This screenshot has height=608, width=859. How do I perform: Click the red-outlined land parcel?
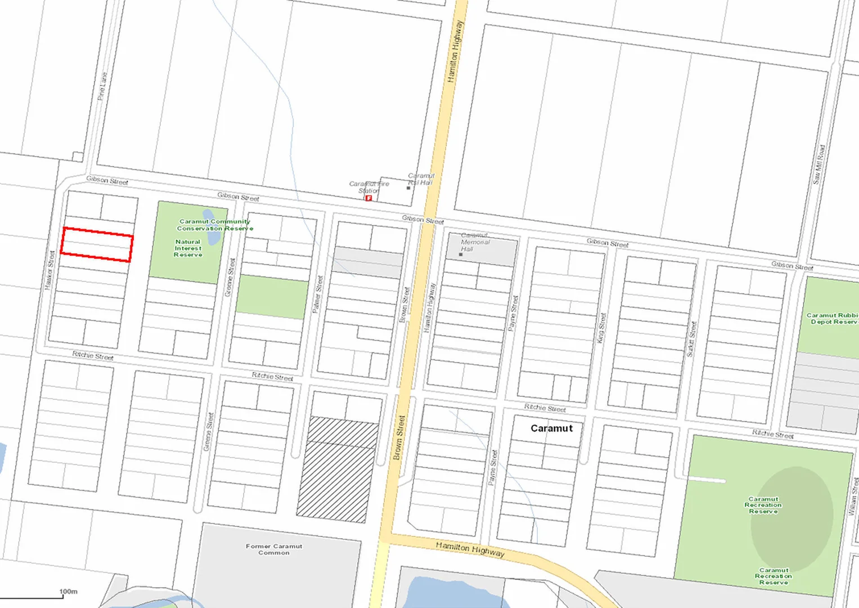(x=97, y=245)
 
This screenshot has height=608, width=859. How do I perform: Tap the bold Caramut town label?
(x=551, y=428)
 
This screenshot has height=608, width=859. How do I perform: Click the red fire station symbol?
(x=368, y=198)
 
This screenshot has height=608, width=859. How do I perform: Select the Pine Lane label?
(x=102, y=86)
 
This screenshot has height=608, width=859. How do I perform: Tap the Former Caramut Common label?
(x=274, y=549)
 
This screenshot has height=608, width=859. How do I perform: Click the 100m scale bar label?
(x=68, y=592)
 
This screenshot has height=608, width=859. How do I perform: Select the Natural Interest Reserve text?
(x=188, y=248)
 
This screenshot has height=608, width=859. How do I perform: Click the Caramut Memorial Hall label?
(x=475, y=242)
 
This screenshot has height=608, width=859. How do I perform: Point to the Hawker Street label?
(x=50, y=270)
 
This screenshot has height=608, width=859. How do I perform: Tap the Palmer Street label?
(x=318, y=294)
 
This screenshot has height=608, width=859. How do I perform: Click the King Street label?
(x=601, y=328)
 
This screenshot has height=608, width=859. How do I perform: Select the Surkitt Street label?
(x=691, y=339)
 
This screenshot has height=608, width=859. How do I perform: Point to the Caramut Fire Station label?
(x=368, y=187)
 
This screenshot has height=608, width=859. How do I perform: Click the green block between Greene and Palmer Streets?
(x=272, y=297)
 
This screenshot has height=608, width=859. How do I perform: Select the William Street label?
(x=853, y=496)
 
